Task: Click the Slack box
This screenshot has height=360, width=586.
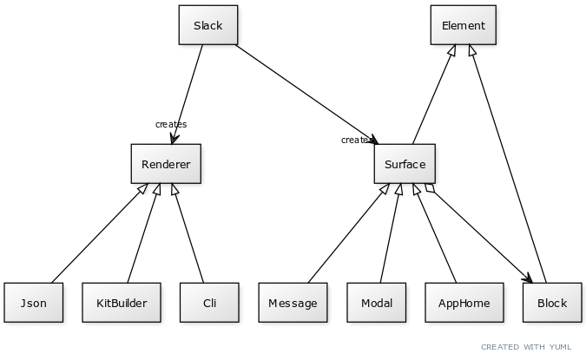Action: tap(207, 25)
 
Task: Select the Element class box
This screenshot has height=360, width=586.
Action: tap(464, 25)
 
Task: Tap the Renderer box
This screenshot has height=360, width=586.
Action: tap(166, 164)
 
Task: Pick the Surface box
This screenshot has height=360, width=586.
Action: tap(405, 164)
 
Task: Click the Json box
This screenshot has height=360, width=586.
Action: tap(33, 303)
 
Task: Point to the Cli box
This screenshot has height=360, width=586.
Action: tap(209, 303)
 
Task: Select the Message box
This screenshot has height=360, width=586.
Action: tap(293, 303)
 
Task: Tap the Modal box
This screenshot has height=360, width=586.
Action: tap(376, 303)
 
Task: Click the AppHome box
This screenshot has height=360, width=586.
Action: tap(464, 303)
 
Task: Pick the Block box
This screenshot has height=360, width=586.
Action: tap(552, 303)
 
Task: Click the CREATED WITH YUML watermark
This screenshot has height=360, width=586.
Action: tap(526, 347)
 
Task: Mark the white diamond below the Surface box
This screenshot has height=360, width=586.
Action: tap(429, 188)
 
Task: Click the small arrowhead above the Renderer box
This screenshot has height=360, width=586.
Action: tap(173, 140)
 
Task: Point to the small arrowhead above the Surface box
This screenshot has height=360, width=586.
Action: tap(374, 140)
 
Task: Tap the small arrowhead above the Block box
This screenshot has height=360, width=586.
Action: tap(529, 278)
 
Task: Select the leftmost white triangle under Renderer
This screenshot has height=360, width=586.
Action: tap(142, 188)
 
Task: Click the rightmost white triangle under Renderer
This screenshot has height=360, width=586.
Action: tap(174, 189)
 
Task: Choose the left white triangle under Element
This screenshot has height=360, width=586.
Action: tap(452, 50)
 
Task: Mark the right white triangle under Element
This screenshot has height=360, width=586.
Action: tap(472, 50)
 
